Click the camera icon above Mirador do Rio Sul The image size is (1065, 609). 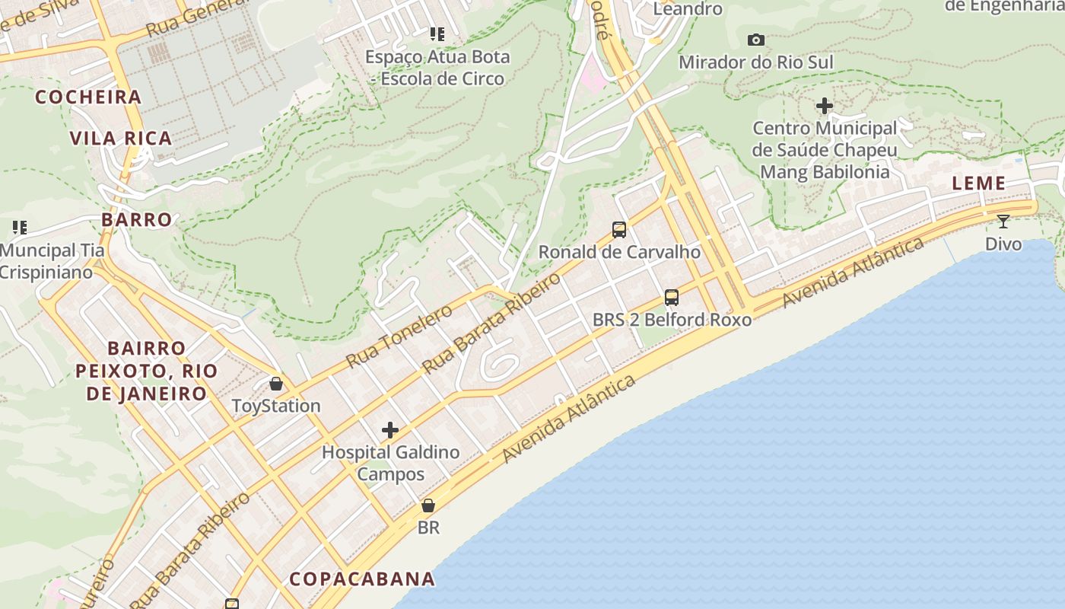(755, 40)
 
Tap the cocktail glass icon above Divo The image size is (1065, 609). (1003, 222)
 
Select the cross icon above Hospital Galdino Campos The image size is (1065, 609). (390, 430)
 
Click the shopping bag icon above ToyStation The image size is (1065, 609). (276, 384)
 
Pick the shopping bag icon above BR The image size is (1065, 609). (428, 505)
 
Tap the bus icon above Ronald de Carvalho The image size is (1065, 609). (619, 229)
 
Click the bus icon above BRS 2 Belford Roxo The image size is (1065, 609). (671, 298)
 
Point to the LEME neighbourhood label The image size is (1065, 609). (979, 183)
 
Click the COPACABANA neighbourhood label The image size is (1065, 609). (362, 579)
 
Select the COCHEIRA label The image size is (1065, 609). (88, 97)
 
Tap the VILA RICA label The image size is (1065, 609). (121, 139)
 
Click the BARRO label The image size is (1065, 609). (137, 220)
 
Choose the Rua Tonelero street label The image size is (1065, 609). (399, 335)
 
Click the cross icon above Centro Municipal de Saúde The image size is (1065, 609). (824, 106)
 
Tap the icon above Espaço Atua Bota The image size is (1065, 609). (437, 33)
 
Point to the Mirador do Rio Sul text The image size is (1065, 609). (755, 62)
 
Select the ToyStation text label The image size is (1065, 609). (276, 406)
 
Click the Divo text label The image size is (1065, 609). (1003, 244)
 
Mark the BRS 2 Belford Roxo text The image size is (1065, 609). (672, 320)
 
